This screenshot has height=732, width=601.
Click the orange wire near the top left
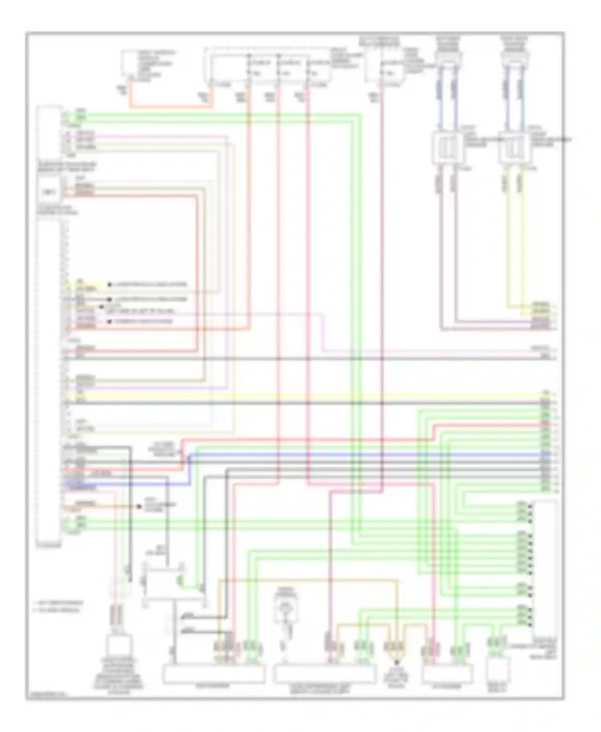click(x=168, y=107)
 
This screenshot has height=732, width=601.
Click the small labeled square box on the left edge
click(x=49, y=192)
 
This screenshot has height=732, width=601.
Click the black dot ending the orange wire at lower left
click(x=139, y=507)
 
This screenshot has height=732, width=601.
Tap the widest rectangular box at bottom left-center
click(x=213, y=674)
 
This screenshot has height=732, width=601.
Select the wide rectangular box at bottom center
click(x=325, y=674)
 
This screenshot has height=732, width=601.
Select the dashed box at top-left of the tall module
click(x=49, y=132)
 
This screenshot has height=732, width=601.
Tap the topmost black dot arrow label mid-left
click(x=109, y=285)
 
